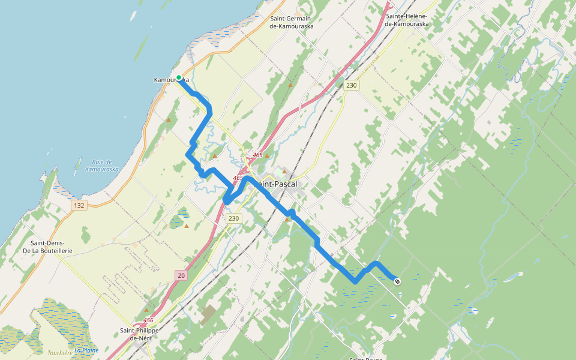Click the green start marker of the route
pyautogui.click(x=179, y=77)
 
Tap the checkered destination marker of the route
pyautogui.click(x=397, y=281)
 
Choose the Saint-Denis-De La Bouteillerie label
pyautogui.click(x=47, y=246)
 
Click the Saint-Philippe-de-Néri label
pyautogui.click(x=140, y=334)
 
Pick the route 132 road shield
pyautogui.click(x=79, y=205)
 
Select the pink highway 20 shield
pyautogui.click(x=181, y=275)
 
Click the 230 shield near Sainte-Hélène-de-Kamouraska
pyautogui.click(x=351, y=86)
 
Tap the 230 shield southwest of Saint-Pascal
pyautogui.click(x=234, y=218)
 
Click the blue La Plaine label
pyautogui.click(x=86, y=350)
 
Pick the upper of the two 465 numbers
pyautogui.click(x=257, y=155)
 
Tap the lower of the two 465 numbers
pyautogui.click(x=238, y=178)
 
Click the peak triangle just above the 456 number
pyautogui.click(x=146, y=310)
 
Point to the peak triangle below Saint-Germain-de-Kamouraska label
pyautogui.click(x=290, y=85)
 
